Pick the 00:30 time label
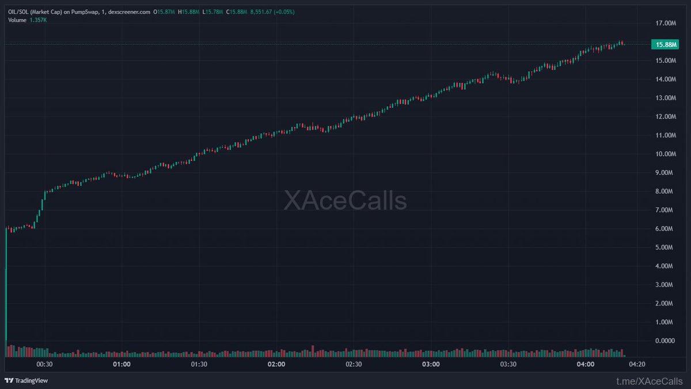[x=44, y=364]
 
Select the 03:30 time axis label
[x=508, y=364]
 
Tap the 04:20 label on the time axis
[x=636, y=364]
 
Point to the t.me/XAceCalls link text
[x=649, y=381]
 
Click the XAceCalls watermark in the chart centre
[x=345, y=201]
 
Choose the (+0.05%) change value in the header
[x=282, y=12]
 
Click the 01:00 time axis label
[x=122, y=364]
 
